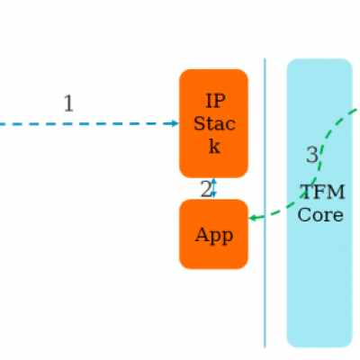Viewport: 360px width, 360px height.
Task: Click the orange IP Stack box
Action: coord(213,123)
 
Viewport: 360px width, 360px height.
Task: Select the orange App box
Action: coord(213,234)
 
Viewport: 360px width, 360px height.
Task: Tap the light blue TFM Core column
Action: coord(319,202)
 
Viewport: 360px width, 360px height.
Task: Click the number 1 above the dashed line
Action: coord(68,103)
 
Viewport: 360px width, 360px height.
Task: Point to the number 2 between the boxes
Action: coord(205,189)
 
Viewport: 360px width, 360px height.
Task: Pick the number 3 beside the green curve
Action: coord(312,155)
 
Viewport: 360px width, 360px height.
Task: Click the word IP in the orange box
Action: coord(215,101)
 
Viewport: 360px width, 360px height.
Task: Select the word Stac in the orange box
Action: coord(214,123)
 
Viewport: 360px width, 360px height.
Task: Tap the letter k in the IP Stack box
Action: coord(214,146)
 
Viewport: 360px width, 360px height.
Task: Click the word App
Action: coord(214,236)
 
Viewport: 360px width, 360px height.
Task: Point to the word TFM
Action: coord(322,192)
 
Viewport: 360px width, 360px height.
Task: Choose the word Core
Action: coord(320,215)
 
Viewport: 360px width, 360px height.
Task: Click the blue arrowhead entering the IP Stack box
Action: coord(175,123)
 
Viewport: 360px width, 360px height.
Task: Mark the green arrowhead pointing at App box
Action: coord(253,218)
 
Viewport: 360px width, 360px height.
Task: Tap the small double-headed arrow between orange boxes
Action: coord(213,188)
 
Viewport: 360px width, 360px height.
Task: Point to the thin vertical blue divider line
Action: coord(265,202)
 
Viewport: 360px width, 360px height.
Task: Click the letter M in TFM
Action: coord(337,192)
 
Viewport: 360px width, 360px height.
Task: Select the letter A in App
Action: coord(201,234)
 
